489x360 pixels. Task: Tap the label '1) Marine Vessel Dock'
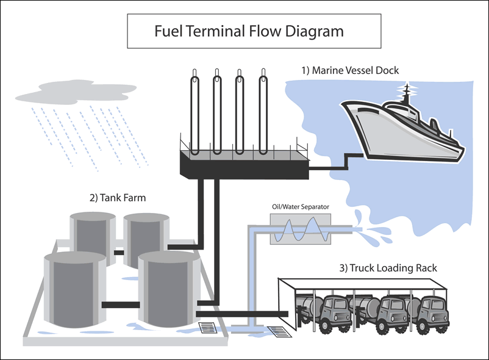pyautogui.click(x=350, y=70)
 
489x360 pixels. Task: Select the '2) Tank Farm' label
pyautogui.click(x=117, y=198)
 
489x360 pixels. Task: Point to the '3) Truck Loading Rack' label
pyautogui.click(x=387, y=268)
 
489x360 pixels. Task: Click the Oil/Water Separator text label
pyautogui.click(x=300, y=207)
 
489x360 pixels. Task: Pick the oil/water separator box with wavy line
pyautogui.click(x=301, y=229)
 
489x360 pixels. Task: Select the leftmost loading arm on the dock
pyautogui.click(x=195, y=113)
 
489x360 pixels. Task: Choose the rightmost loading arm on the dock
pyautogui.click(x=263, y=113)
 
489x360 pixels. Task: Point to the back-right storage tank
pyautogui.click(x=145, y=239)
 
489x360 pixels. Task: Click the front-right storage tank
pyautogui.click(x=169, y=287)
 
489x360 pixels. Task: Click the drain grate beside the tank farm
pyautogui.click(x=208, y=328)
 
